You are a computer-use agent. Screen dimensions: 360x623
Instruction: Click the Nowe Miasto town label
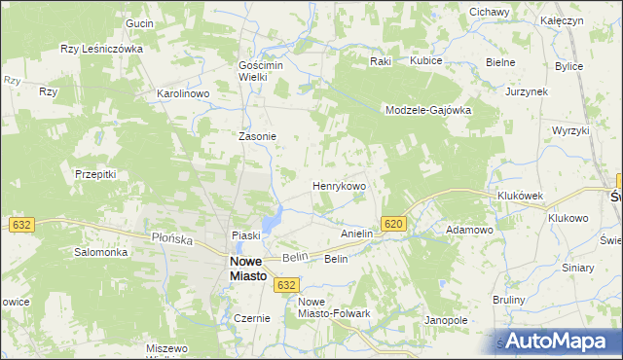(249, 269)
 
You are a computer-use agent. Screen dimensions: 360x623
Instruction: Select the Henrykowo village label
(339, 185)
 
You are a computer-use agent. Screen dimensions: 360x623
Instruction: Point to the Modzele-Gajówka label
(428, 111)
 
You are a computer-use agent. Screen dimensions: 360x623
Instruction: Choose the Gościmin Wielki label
(259, 71)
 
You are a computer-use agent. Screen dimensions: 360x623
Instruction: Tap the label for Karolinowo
(184, 94)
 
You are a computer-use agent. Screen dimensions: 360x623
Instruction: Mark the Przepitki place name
(95, 174)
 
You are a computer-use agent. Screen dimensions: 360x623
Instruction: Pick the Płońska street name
(172, 237)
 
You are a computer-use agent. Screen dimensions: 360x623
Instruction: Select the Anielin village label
(357, 234)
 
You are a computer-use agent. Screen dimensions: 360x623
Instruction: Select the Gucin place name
(140, 22)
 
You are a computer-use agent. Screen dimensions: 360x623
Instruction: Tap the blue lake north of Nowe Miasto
(277, 216)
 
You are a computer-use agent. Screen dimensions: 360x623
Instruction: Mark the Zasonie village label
(259, 137)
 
